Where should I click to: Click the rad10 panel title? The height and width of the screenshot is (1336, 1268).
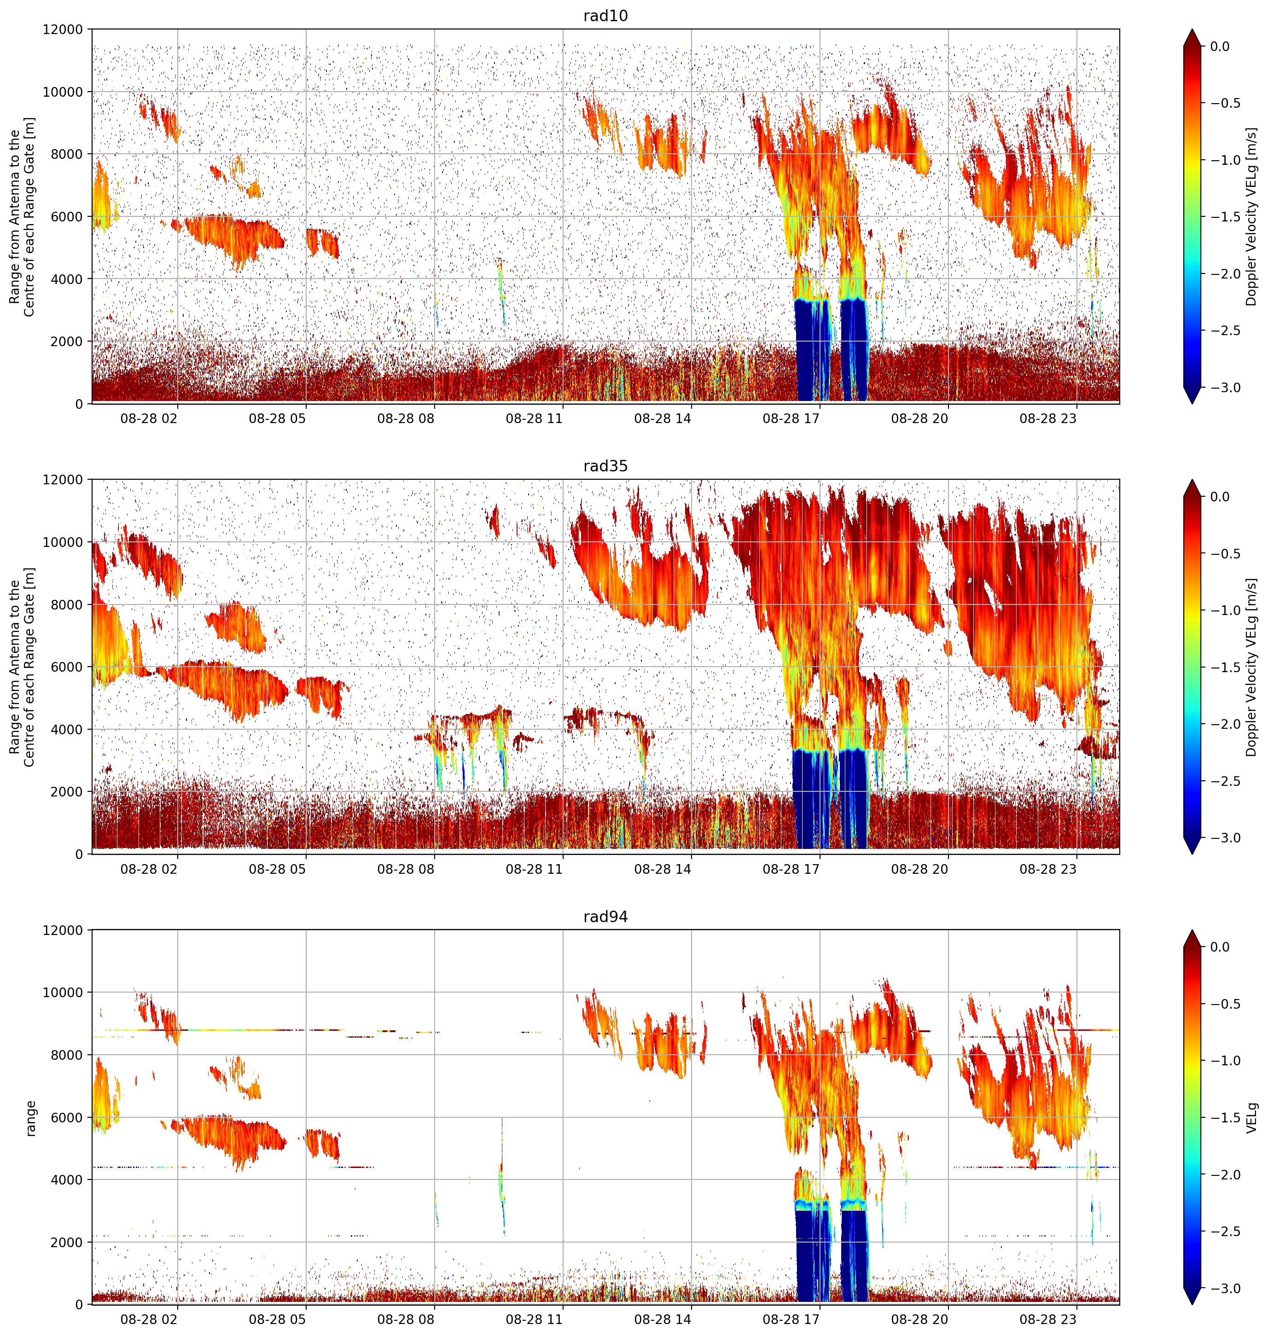(x=605, y=16)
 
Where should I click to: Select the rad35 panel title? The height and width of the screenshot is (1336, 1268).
(x=605, y=466)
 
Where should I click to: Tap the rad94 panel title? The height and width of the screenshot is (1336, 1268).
(x=605, y=917)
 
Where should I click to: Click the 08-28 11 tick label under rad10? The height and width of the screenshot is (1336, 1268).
(x=534, y=418)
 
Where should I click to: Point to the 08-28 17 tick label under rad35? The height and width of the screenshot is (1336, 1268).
(x=791, y=869)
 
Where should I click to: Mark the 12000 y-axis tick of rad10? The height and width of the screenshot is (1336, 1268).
(x=63, y=30)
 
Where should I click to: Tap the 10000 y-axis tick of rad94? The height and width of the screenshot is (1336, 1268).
(x=63, y=993)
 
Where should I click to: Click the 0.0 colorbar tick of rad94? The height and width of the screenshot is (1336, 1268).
(x=1220, y=947)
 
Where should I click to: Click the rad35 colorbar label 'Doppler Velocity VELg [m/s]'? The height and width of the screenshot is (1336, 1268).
(x=1252, y=667)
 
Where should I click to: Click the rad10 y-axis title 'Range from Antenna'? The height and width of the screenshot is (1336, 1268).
(x=15, y=216)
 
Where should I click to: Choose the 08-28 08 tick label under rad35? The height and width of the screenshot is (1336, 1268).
(x=406, y=869)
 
